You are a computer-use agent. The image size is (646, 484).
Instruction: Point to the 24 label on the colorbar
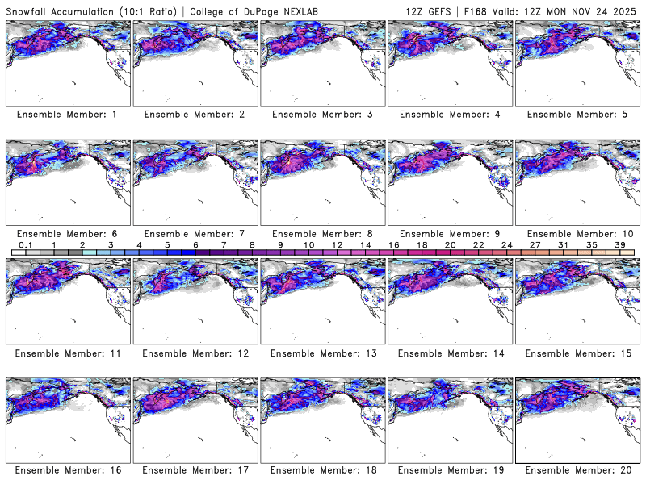coord(506,244)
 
